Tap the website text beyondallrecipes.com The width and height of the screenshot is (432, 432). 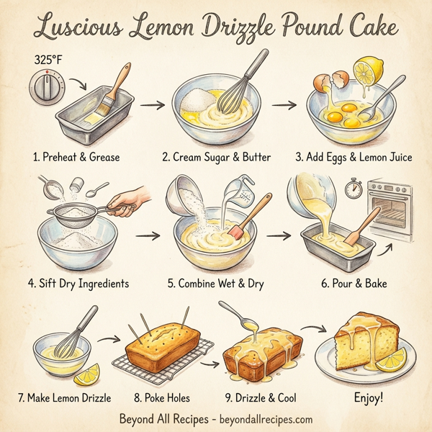264,419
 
